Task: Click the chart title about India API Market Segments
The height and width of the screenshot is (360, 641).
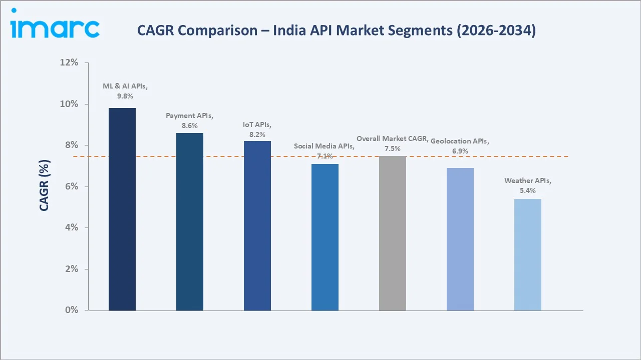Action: pyautogui.click(x=337, y=30)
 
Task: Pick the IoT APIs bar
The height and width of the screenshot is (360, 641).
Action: pyautogui.click(x=257, y=225)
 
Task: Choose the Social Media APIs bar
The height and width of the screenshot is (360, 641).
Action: pyautogui.click(x=325, y=237)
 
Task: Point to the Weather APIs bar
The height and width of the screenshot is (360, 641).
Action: pyautogui.click(x=528, y=254)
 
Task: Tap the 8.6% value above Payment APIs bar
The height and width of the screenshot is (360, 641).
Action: pyautogui.click(x=190, y=125)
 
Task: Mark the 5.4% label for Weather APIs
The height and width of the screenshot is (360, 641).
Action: pyautogui.click(x=528, y=190)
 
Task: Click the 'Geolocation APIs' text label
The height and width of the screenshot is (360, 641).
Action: pyautogui.click(x=459, y=141)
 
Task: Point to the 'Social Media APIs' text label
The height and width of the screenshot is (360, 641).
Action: pyautogui.click(x=324, y=146)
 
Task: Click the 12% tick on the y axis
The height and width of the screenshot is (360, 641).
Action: pyautogui.click(x=70, y=62)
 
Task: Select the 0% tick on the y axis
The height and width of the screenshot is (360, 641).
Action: pyautogui.click(x=72, y=310)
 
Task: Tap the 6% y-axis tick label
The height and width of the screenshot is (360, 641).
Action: pyautogui.click(x=72, y=186)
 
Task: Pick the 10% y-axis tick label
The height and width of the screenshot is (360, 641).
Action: pyautogui.click(x=70, y=104)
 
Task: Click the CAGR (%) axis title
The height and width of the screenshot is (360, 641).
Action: pyautogui.click(x=45, y=186)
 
